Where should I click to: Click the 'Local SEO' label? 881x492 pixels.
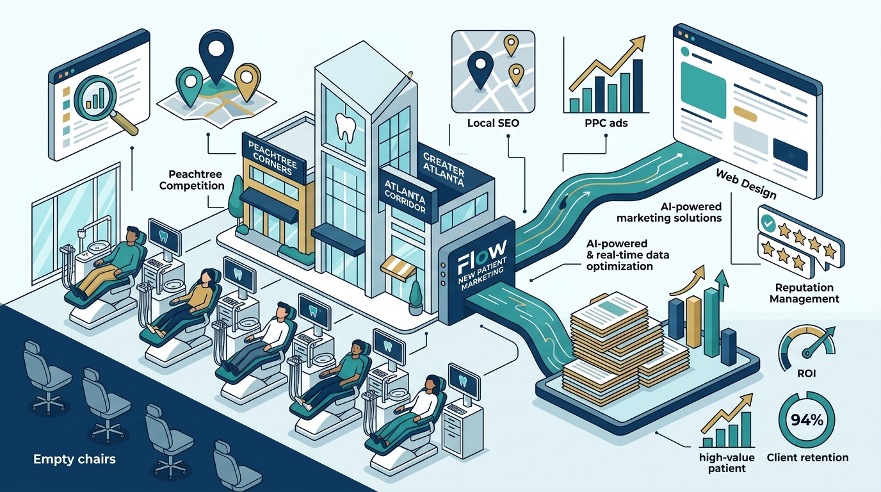pos(493,123)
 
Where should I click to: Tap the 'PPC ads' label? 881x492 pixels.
pos(606,123)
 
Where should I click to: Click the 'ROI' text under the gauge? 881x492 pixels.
pos(806,373)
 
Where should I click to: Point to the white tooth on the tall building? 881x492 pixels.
pos(346,127)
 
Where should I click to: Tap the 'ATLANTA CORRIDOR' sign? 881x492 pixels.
pos(405,196)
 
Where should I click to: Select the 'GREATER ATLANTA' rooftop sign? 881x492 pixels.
pos(444,170)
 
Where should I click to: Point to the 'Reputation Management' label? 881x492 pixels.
pos(804,293)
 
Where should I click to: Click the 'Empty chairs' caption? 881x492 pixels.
pos(75,459)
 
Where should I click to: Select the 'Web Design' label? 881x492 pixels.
pos(746,184)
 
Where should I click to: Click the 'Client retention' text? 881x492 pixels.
pos(807,457)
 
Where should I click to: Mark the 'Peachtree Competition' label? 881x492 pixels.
pos(191,180)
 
